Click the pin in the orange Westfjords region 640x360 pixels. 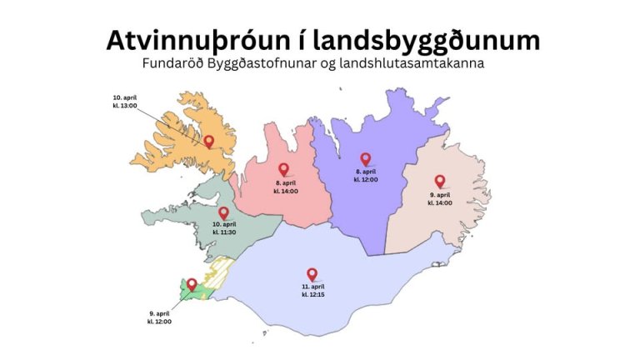tap(209, 142)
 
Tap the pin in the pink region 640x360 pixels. tap(283, 169)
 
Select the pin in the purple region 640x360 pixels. tap(365, 158)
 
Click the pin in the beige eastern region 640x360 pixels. tap(440, 181)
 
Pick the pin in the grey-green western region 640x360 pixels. tap(223, 213)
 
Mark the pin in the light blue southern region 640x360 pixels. tap(312, 273)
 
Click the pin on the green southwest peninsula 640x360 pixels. tap(191, 285)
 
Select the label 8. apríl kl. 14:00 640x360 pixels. tap(286, 187)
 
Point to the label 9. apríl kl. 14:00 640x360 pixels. tap(440, 198)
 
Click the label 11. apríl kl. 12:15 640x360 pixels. tap(313, 290)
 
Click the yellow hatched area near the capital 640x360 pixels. tap(218, 272)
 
